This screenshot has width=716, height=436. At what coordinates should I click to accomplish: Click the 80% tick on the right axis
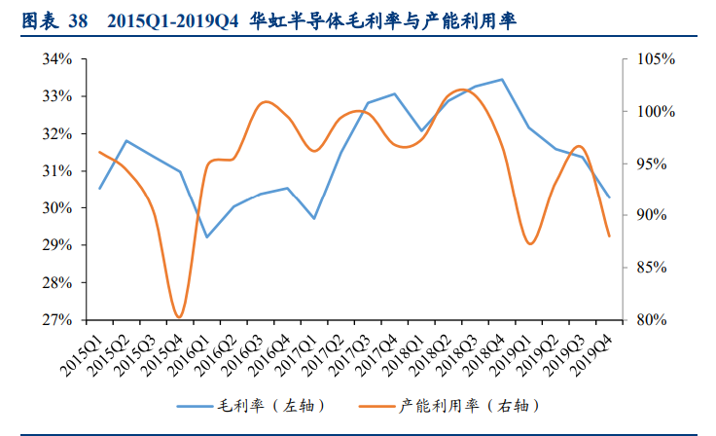[x=651, y=320]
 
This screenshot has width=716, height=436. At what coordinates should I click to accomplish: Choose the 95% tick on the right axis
[x=651, y=163]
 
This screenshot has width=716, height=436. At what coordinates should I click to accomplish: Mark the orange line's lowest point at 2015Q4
[x=180, y=317]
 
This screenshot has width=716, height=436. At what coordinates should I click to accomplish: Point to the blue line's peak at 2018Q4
[x=502, y=80]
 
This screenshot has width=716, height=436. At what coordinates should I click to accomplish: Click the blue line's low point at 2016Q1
[x=207, y=236]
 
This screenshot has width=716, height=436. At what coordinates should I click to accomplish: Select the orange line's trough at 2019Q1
[x=529, y=243]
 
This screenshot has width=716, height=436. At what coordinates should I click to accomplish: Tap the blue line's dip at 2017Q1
[x=314, y=218]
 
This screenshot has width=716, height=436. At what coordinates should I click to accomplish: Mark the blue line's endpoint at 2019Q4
[x=609, y=197]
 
